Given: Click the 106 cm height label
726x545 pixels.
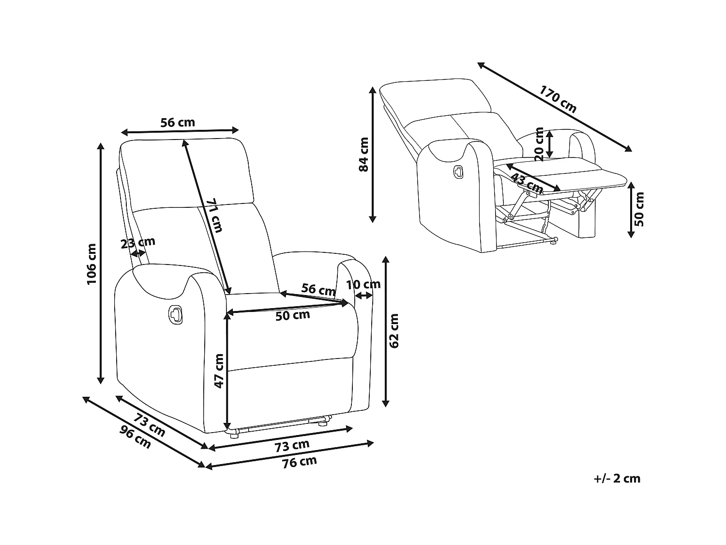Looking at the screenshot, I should coord(91,264).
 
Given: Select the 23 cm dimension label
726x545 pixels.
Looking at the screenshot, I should coord(138,242).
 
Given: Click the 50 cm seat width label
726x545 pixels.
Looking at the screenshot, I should coord(292,315).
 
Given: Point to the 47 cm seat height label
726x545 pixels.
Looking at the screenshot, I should coord(219,371).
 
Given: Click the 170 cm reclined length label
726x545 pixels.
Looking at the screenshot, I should coord(558,99).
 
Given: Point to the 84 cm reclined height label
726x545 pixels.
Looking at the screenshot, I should coord(364,154).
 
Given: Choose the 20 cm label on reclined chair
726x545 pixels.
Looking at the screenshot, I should coord(539,144).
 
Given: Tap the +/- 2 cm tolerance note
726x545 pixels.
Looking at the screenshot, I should coord(617,479).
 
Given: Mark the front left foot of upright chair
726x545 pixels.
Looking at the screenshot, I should coord(234,435).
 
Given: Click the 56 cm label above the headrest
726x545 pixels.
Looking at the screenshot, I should coord(178,122).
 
